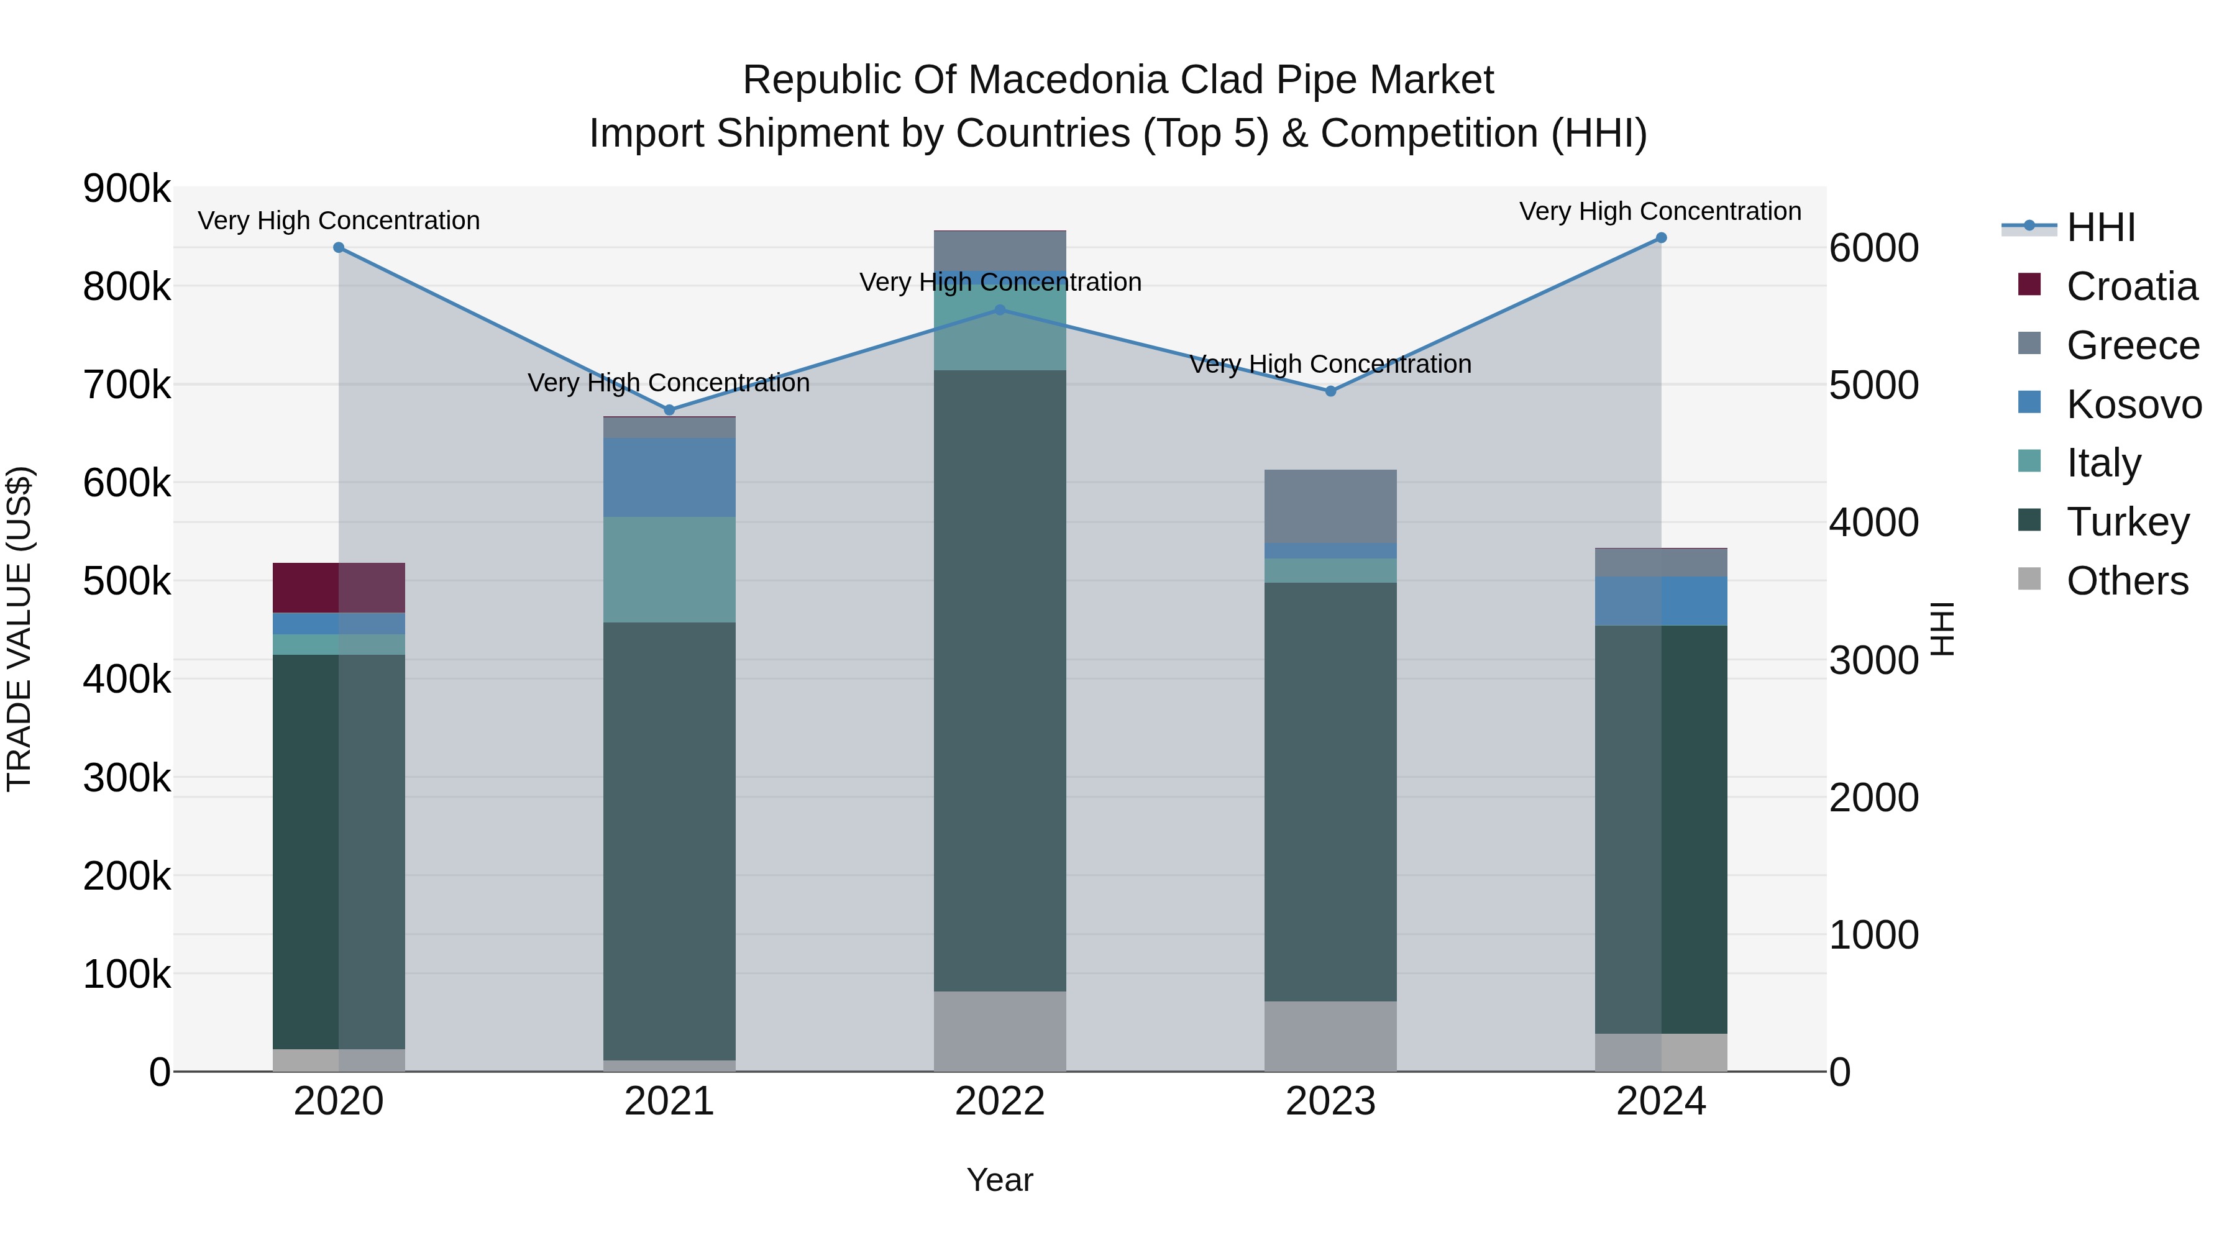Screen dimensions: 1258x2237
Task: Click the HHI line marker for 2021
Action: pyautogui.click(x=669, y=410)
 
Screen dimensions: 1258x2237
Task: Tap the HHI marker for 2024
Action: pyautogui.click(x=1660, y=238)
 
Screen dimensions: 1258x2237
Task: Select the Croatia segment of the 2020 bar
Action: pyautogui.click(x=339, y=588)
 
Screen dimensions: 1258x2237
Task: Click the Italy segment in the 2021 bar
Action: pyautogui.click(x=669, y=570)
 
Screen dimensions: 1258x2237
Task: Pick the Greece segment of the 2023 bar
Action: pyautogui.click(x=1330, y=506)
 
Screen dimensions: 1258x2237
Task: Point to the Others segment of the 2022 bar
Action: pyautogui.click(x=1000, y=1031)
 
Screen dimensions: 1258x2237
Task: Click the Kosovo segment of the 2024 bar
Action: pyautogui.click(x=1660, y=601)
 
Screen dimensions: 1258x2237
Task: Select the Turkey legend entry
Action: pyautogui.click(x=2127, y=522)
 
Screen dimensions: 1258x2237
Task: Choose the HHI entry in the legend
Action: pyautogui.click(x=2100, y=227)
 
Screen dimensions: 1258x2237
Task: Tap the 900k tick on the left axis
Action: pyautogui.click(x=127, y=188)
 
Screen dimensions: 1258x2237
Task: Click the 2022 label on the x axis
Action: pyautogui.click(x=1000, y=1101)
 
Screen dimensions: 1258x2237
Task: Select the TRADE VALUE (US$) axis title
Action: pyautogui.click(x=19, y=629)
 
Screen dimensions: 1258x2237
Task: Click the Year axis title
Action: pyautogui.click(x=1000, y=1180)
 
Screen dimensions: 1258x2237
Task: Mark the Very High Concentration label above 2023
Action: pyautogui.click(x=1330, y=364)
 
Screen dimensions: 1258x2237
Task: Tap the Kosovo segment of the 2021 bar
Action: pyautogui.click(x=669, y=478)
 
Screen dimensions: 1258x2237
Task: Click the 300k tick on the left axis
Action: pyautogui.click(x=127, y=778)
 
